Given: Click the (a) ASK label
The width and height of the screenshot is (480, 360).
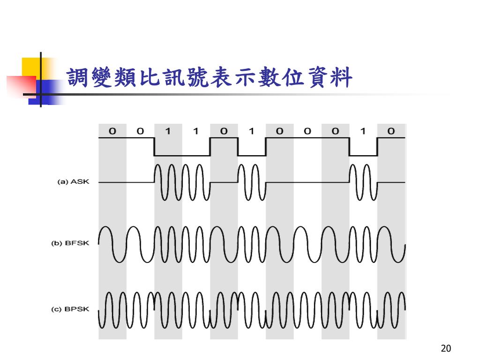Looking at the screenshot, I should pos(73,182).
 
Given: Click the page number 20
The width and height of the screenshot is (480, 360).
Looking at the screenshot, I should pos(446,348).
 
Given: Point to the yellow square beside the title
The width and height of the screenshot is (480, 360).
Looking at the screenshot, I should pos(30,66).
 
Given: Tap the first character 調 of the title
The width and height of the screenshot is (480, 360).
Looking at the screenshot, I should pos(78,78).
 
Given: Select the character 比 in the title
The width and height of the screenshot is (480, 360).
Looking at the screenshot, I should pos(150,78).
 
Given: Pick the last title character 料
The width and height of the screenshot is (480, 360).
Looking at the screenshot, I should pos(342,78).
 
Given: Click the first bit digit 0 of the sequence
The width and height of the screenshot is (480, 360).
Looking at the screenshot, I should pos(112,131).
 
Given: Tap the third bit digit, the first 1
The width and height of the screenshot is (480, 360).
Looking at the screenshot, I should pos(168,131).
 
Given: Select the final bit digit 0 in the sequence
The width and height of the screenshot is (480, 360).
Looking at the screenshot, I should pos(391,131).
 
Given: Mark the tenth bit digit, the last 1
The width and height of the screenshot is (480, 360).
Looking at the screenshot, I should pos(363,131).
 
